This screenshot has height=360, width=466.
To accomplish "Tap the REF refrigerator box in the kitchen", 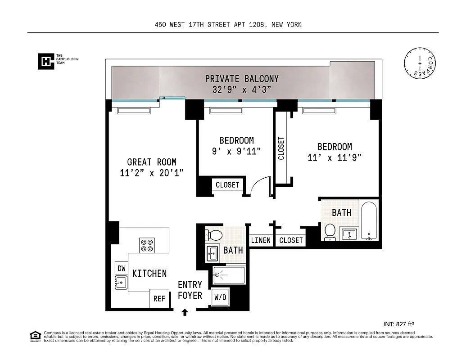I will pos(159,298).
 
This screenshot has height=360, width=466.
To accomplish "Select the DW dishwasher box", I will pos(121,268).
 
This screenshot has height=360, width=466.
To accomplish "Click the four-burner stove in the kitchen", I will pos(147,245).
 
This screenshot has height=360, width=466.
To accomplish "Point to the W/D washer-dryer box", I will pos(220,297).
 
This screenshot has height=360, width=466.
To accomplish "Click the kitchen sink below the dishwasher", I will pos(121,282).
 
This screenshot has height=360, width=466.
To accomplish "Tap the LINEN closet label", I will pos(261,240).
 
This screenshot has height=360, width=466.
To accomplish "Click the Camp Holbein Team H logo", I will pos(45,61).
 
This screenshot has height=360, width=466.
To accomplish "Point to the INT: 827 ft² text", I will pos(398,324).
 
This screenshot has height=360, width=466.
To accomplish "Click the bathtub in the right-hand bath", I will pos(369,221).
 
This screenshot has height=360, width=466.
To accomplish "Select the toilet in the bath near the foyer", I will pos(213,234).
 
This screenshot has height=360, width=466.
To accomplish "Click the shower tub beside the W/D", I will pos(229,275).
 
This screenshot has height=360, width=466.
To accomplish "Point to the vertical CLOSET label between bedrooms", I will pos(281,148).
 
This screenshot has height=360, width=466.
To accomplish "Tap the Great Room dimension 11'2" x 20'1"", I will pos(151,173).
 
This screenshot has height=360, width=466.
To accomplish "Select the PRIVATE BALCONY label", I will pos(242,79).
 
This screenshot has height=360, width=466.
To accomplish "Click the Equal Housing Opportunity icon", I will pos(34,335).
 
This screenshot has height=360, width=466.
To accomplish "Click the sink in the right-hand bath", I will pos(349,234).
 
